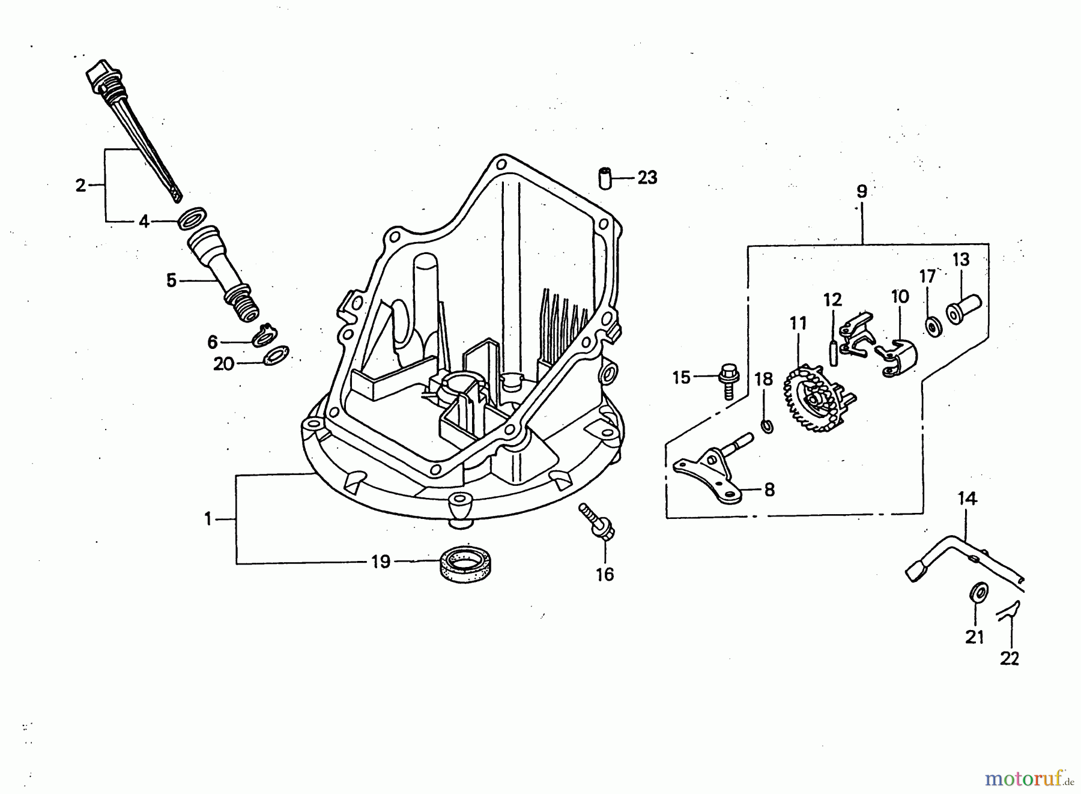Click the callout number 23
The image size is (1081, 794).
(647, 178)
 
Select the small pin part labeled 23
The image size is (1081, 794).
(605, 178)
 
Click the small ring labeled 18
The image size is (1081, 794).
(767, 426)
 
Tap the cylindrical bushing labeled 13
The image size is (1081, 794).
(963, 309)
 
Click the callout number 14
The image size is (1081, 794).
(967, 499)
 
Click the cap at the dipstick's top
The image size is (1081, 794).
(100, 75)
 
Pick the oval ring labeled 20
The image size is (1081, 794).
(276, 355)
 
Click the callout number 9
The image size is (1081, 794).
(862, 192)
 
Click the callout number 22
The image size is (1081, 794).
(1010, 659)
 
